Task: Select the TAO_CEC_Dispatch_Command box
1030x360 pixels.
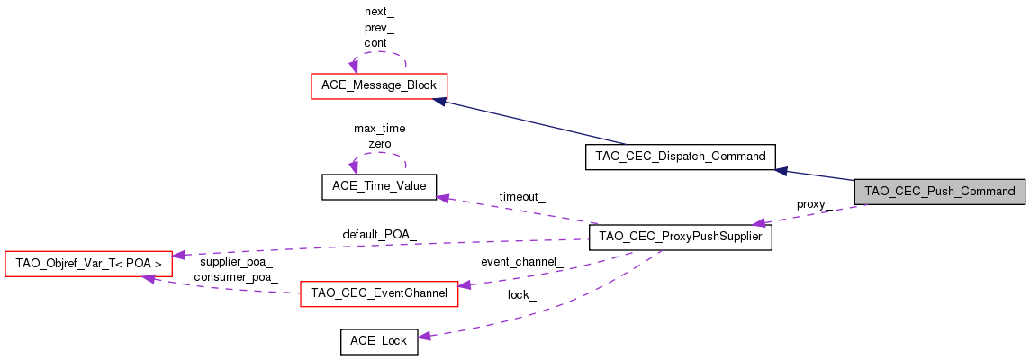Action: [x=680, y=156]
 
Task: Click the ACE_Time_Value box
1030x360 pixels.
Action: [x=378, y=186]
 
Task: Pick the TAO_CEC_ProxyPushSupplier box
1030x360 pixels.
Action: [x=680, y=238]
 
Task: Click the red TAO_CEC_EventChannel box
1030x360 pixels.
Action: [x=378, y=293]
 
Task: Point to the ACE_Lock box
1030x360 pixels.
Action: [x=378, y=341]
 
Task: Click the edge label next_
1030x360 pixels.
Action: [x=379, y=12]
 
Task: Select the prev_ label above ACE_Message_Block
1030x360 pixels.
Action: [x=379, y=27]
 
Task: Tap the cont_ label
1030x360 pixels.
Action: [x=379, y=42]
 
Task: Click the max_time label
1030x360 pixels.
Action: [x=379, y=128]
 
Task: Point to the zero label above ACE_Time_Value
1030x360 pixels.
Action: [x=379, y=143]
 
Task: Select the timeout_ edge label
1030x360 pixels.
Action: [x=523, y=196]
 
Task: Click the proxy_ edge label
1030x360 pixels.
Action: [x=813, y=204]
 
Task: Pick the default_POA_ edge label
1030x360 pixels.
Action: [x=379, y=234]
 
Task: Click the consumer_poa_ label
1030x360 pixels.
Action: [x=235, y=276]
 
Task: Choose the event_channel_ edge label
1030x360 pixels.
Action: [x=522, y=262]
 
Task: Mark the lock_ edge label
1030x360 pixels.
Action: [x=522, y=295]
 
